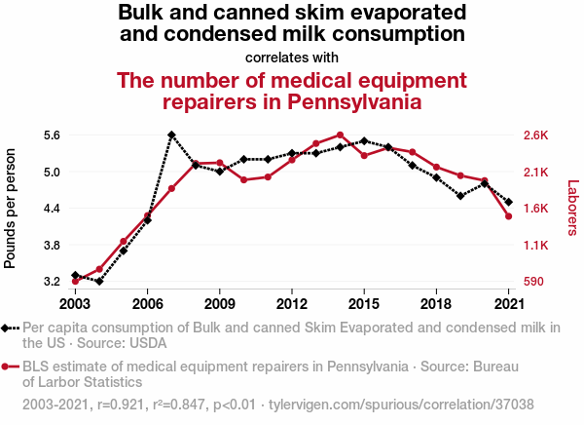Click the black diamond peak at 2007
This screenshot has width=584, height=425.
click(x=171, y=135)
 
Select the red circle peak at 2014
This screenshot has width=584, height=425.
click(x=340, y=135)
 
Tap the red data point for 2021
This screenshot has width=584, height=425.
click(x=508, y=215)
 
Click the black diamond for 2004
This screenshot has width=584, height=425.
click(x=99, y=281)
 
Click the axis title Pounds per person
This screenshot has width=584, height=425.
click(x=11, y=209)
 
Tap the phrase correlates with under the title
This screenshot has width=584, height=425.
click(x=292, y=57)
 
